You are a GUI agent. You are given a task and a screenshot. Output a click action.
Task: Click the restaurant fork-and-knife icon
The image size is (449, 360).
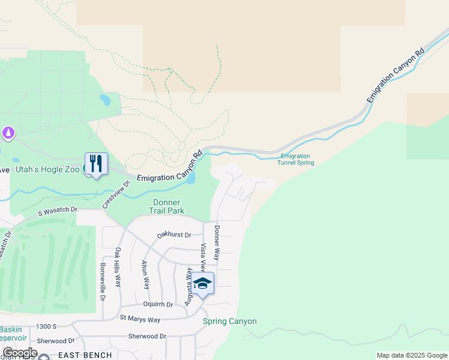96,163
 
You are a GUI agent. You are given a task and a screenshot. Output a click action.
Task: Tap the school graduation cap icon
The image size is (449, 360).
202,283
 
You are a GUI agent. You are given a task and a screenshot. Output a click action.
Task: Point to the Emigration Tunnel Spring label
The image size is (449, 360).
297,159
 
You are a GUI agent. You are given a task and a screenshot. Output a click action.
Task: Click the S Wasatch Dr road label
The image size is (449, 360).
58,211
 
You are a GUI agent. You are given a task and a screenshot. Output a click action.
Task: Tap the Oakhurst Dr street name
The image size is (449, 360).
173,235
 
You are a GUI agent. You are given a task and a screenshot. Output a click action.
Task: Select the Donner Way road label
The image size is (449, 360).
217,242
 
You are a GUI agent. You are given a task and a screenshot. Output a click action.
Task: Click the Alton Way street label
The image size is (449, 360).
145,275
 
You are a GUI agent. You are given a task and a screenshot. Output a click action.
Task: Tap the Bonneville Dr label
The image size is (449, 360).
103,281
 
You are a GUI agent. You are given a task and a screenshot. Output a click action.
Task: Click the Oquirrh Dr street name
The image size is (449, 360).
157,304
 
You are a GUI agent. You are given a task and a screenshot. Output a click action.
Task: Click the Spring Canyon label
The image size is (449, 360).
229,321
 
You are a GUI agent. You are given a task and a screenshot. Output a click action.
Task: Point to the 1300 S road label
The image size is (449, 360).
46,326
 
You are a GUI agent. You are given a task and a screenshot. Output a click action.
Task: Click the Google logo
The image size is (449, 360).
19,353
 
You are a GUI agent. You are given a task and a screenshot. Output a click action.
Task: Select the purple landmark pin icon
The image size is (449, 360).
8,132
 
